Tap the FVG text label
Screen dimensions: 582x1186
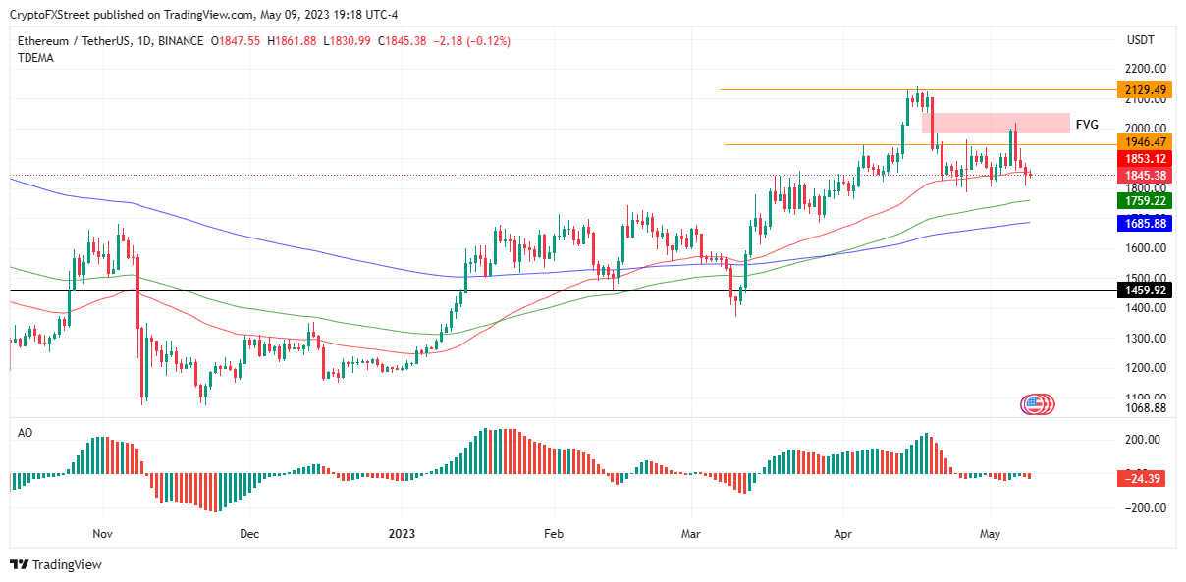click(x=1087, y=125)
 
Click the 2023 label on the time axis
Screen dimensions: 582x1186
click(x=403, y=534)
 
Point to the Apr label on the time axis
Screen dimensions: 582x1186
click(x=843, y=534)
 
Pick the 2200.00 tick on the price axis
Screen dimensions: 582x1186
click(x=1146, y=69)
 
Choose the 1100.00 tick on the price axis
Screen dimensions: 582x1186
click(x=1146, y=397)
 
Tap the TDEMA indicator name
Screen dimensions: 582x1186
click(x=35, y=58)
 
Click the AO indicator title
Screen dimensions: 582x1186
click(x=26, y=432)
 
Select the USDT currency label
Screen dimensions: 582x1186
click(x=1141, y=40)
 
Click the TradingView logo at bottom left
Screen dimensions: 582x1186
click(x=56, y=564)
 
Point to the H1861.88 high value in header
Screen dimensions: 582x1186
click(x=291, y=40)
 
